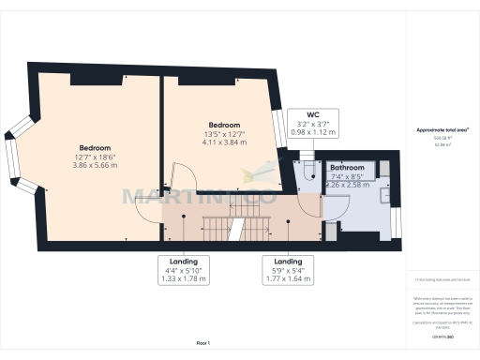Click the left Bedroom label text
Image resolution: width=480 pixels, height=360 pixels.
click(x=96, y=148)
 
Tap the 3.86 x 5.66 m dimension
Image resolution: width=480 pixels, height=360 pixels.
click(x=96, y=166)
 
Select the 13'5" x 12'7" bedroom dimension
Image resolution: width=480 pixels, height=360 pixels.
click(x=224, y=134)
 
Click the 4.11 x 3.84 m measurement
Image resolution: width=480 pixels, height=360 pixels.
click(x=224, y=142)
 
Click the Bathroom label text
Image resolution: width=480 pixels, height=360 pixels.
click(x=346, y=167)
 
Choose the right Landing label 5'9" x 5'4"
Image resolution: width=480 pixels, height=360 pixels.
click(x=287, y=272)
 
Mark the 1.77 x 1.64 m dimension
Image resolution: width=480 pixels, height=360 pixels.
click(x=287, y=280)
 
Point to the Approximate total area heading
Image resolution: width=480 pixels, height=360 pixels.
click(x=442, y=129)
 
